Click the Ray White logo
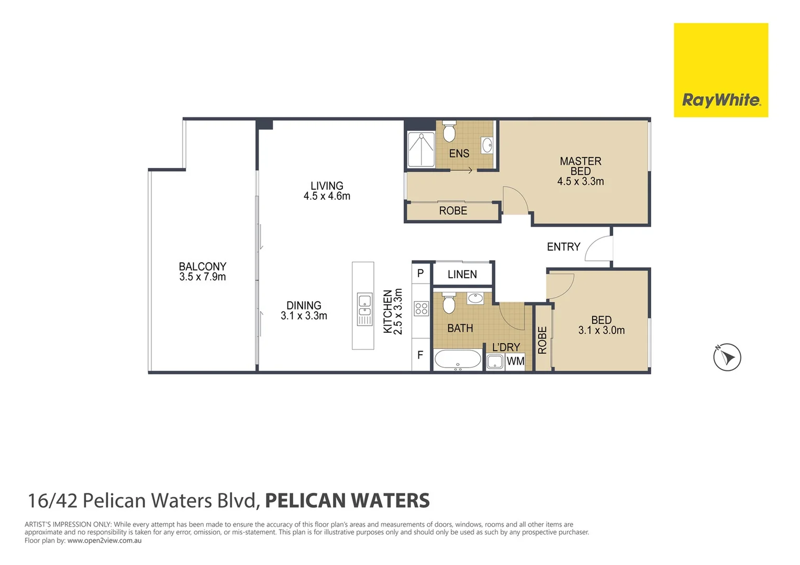click(x=720, y=70)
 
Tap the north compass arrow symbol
click(x=727, y=357)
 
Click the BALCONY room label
click(x=203, y=267)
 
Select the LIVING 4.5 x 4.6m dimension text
click(x=327, y=196)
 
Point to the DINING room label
click(x=304, y=306)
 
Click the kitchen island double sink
click(x=364, y=309)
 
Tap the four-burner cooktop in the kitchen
click(x=421, y=309)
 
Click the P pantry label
click(x=420, y=273)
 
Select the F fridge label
click(x=420, y=355)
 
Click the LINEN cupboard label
click(x=462, y=274)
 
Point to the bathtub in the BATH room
click(x=458, y=360)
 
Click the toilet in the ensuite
click(x=449, y=132)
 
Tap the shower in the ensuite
click(x=421, y=150)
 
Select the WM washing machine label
click(x=515, y=361)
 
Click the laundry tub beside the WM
click(x=495, y=361)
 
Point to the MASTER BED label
click(x=580, y=166)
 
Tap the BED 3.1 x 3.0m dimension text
click(x=601, y=331)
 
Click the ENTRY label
click(x=563, y=247)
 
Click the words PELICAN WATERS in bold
click(x=347, y=501)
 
